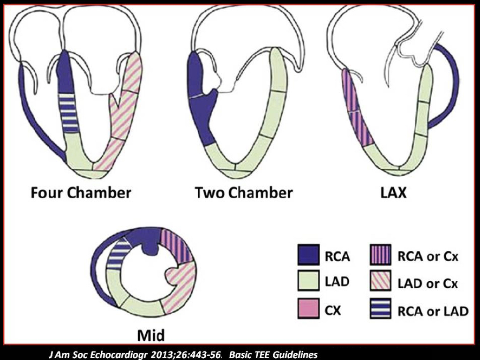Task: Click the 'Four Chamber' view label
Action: [81, 193]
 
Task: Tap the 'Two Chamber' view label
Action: [244, 193]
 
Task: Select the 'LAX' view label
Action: [392, 193]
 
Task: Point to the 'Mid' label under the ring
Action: [151, 336]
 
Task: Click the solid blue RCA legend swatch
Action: [308, 255]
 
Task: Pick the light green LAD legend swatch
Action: [308, 282]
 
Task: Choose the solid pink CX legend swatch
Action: [308, 309]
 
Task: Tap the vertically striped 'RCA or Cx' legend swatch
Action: [381, 255]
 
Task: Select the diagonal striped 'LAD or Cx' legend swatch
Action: [381, 282]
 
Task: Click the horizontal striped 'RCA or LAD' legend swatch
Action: [381, 309]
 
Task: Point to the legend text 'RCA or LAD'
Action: [433, 310]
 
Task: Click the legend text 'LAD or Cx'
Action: [427, 283]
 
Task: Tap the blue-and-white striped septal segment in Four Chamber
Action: [70, 112]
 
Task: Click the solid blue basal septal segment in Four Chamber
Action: [65, 73]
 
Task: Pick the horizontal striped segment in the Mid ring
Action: [119, 253]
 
